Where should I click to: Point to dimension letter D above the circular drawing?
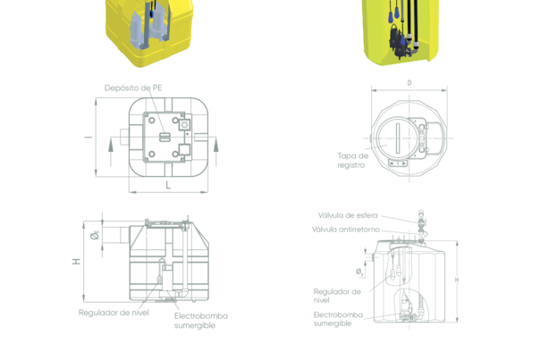click(409, 82)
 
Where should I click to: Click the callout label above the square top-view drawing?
click(134, 87)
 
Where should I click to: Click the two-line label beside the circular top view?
click(351, 159)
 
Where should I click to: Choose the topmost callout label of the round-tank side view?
click(347, 215)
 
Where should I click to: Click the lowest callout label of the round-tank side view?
click(336, 318)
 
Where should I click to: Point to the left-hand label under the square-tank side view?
click(113, 312)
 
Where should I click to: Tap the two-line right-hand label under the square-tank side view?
click(200, 320)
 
